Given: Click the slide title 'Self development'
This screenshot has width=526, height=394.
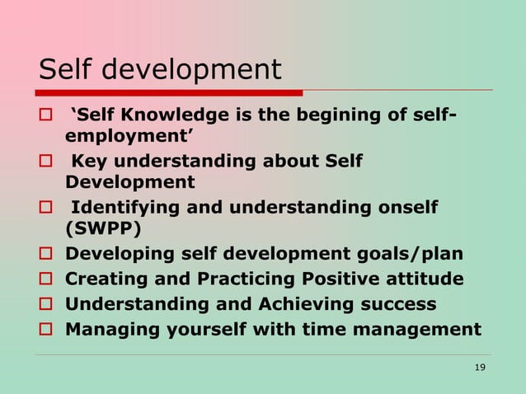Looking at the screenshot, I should [x=161, y=69].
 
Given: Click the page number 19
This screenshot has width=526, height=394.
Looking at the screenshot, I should [x=480, y=366].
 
